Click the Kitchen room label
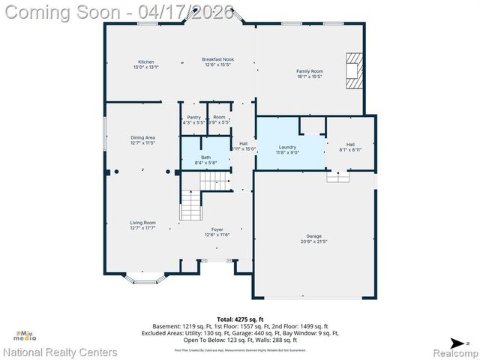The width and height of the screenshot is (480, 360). click(145, 61)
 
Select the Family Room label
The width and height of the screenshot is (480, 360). click(310, 71)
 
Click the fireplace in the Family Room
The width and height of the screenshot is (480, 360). click(352, 70)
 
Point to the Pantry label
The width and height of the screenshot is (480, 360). click(193, 117)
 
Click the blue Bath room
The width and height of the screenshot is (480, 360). click(205, 157)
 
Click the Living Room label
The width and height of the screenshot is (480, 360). click(142, 222)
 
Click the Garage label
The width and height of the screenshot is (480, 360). click(313, 235)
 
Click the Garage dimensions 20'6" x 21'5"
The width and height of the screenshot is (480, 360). click(313, 241)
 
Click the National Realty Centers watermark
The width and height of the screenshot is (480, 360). click(60, 352)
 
